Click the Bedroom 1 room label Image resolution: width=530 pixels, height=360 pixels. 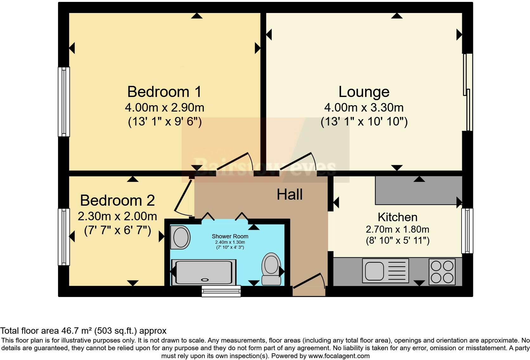164,92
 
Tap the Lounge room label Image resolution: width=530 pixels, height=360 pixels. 364,92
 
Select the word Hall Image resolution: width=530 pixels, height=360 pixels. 289,194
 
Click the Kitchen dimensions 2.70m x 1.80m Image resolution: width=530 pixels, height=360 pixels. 397,229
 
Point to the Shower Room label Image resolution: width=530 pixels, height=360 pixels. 230,236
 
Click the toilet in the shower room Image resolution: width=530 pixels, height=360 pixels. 271,268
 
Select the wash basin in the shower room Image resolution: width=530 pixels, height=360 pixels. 180,237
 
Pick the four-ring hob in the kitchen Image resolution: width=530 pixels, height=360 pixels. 442,272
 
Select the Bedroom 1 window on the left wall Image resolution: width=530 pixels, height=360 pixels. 64,102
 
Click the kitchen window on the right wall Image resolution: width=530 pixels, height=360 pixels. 467,230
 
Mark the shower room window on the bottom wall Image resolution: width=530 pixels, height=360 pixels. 221,291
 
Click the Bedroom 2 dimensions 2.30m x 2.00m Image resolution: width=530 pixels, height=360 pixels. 117,216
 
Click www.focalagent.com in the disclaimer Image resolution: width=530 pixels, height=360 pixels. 339,356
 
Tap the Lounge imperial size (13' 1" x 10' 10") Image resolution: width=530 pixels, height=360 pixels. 364,122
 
